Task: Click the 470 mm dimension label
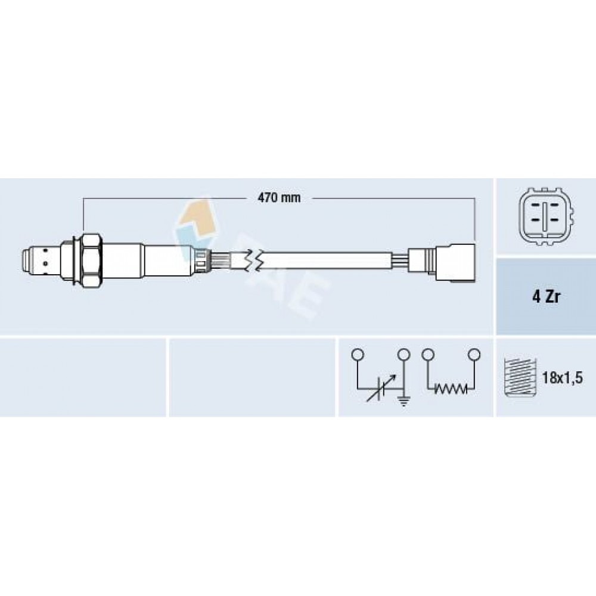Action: [279, 198]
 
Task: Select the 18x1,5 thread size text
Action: [562, 378]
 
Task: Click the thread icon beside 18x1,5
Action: [520, 378]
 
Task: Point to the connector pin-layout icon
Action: [546, 217]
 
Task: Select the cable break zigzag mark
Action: [253, 262]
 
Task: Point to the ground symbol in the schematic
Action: [403, 401]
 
